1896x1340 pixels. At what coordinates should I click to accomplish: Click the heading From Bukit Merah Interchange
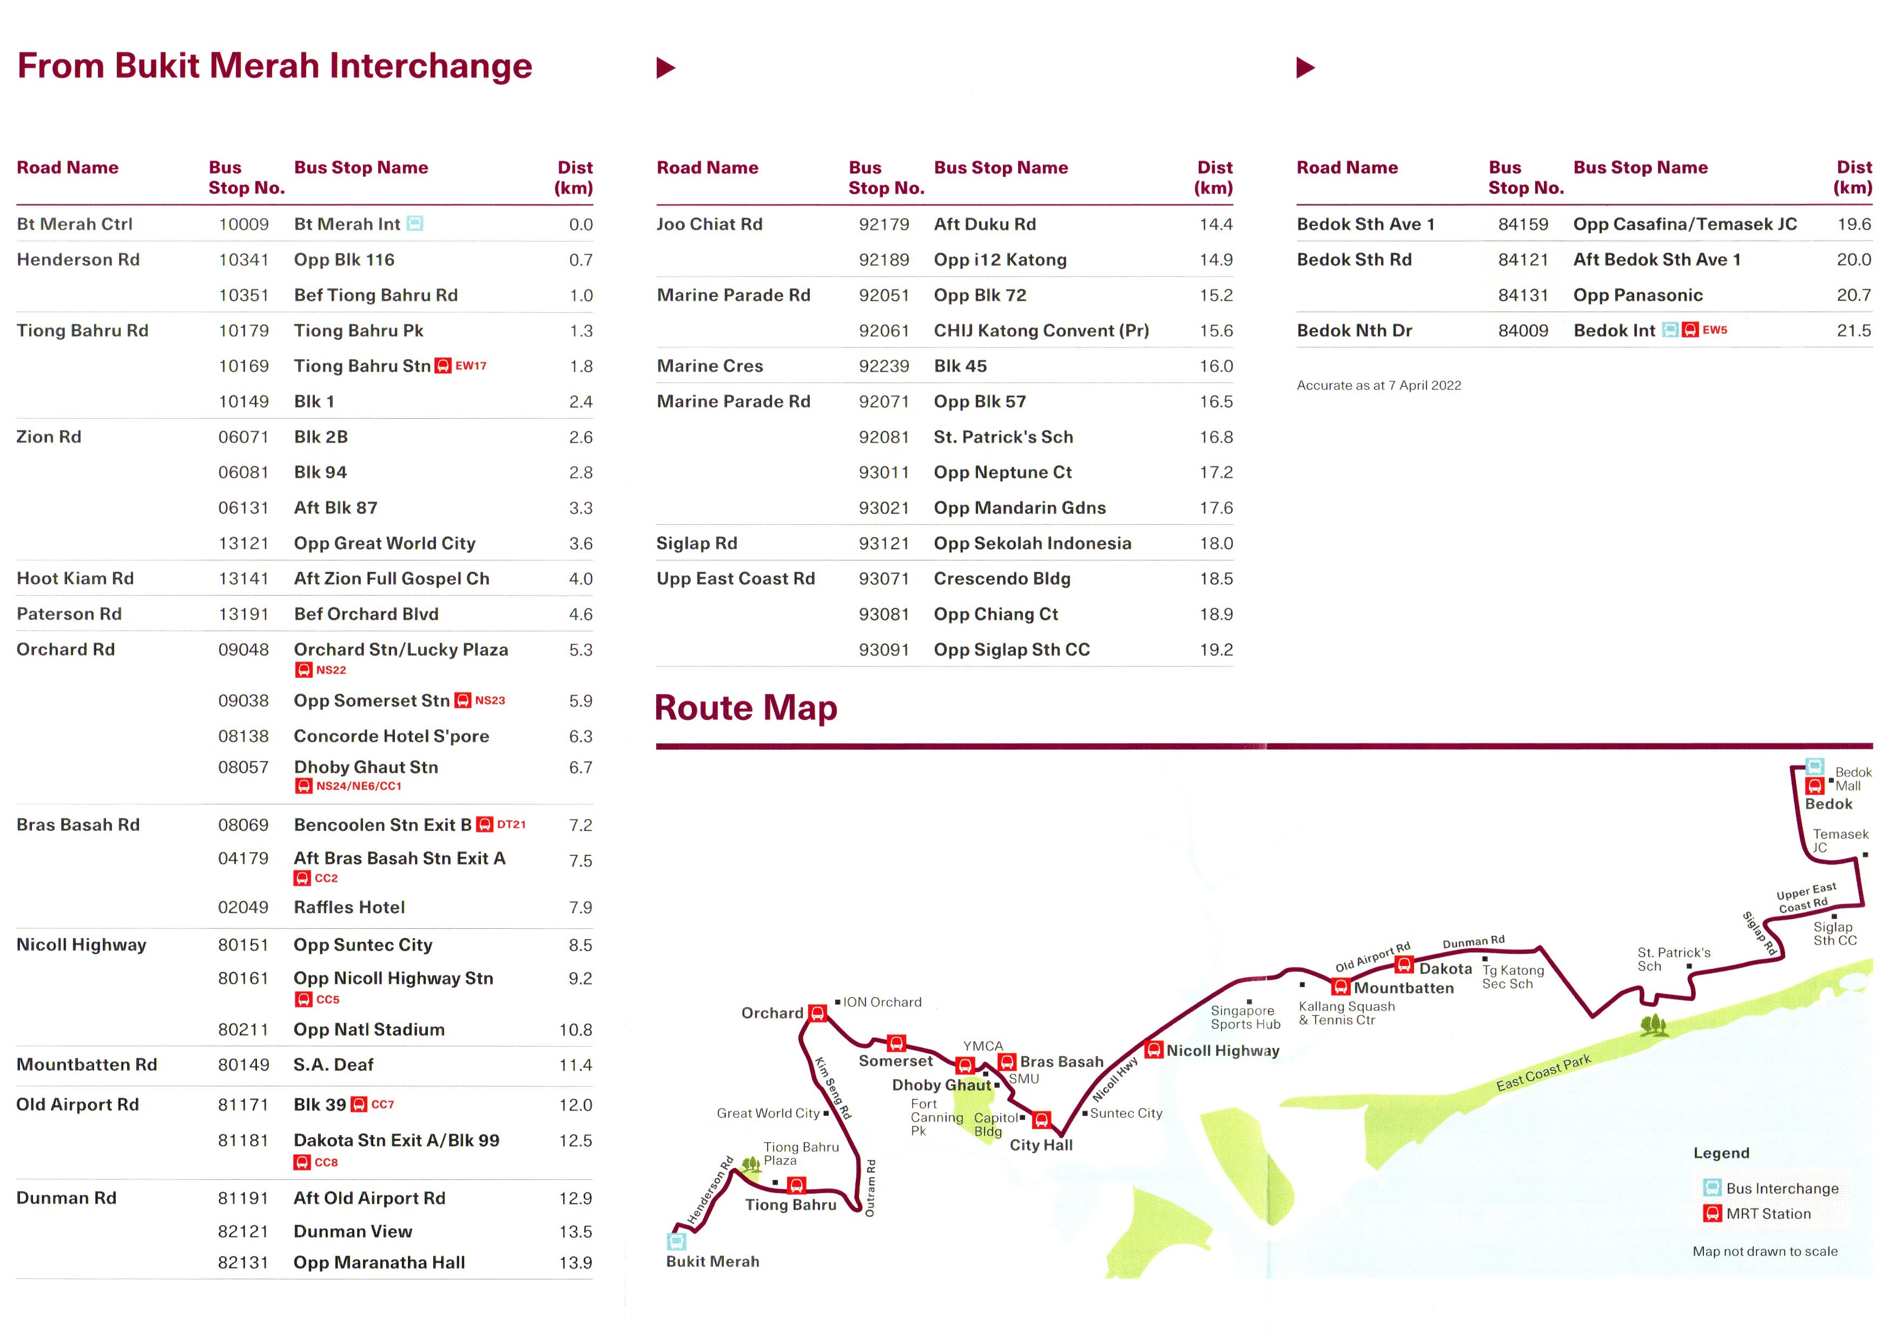point(274,66)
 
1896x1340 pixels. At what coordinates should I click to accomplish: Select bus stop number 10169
point(243,366)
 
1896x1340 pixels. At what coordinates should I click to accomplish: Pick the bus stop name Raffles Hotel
point(349,907)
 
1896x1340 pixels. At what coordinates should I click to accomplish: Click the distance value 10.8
point(576,1029)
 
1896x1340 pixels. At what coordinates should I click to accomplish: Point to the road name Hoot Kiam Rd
point(75,579)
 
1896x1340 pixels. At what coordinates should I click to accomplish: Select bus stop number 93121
point(883,543)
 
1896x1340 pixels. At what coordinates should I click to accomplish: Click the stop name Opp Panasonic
point(1637,295)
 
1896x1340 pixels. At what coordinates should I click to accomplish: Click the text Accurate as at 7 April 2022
point(1378,386)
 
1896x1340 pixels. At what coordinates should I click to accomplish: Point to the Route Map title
point(745,708)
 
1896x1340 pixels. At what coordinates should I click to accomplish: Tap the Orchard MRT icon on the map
point(817,1013)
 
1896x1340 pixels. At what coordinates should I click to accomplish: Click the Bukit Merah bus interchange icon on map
point(676,1241)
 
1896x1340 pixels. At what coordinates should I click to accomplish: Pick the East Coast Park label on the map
point(1543,1073)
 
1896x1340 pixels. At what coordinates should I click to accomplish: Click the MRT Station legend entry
point(1768,1213)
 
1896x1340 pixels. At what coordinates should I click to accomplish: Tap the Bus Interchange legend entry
point(1782,1189)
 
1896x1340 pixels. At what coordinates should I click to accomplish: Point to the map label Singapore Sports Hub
point(1245,1017)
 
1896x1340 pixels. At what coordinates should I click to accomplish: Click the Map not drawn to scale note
point(1765,1252)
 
